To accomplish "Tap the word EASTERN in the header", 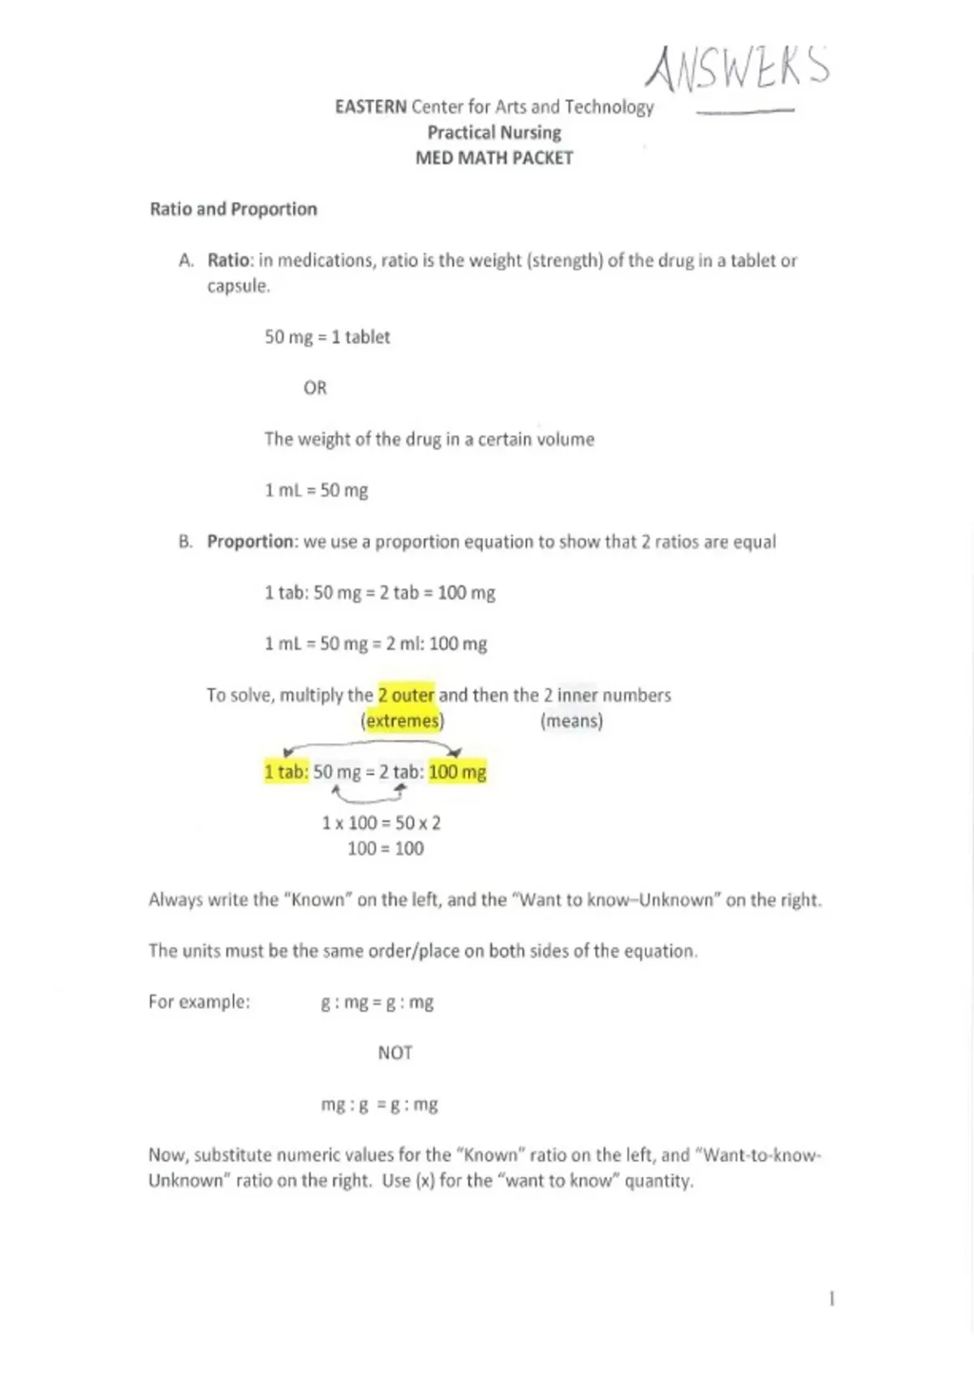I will click(371, 107).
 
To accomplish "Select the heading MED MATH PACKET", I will click(493, 158).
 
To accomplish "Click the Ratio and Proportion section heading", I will click(234, 209).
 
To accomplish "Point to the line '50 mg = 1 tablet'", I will click(327, 337).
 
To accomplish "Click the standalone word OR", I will click(315, 388).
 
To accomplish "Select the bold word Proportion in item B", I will click(250, 541).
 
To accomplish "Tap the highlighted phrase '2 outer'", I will click(407, 695).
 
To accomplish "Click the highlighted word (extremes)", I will click(403, 721).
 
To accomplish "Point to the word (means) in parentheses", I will click(571, 721).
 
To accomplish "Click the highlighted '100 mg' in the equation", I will click(458, 772).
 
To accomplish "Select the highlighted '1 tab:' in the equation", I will click(287, 772).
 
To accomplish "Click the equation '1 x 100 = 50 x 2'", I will click(381, 823).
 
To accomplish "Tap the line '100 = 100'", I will click(386, 848).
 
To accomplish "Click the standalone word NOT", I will click(395, 1053).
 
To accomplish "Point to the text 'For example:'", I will click(199, 1002).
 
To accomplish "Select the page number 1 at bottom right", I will click(832, 1299).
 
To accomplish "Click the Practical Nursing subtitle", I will click(494, 132).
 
